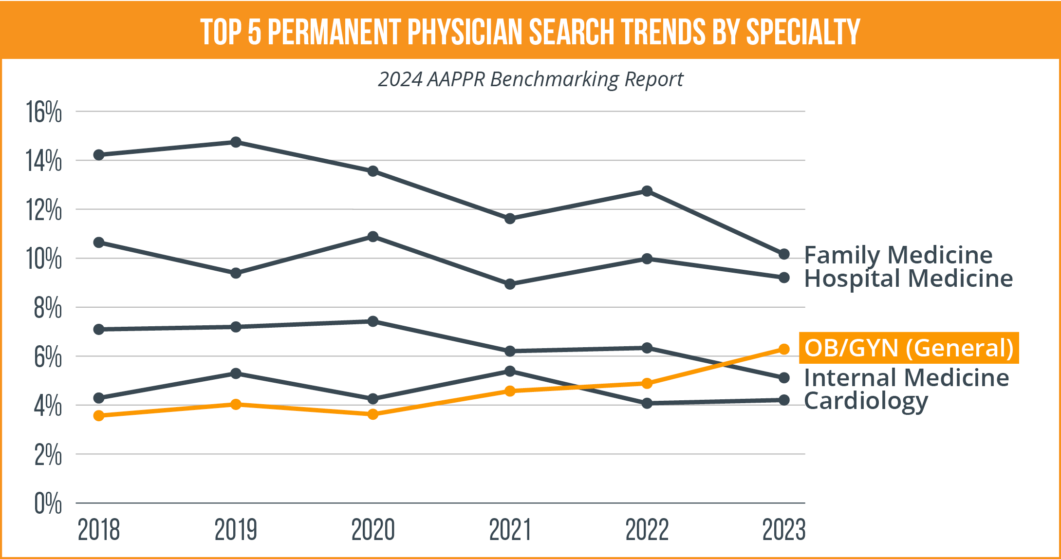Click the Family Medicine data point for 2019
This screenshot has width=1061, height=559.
(236, 142)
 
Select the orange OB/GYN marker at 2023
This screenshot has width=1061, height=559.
(784, 349)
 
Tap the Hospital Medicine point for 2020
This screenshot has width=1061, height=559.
(373, 237)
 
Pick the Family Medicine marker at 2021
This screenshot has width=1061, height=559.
(510, 219)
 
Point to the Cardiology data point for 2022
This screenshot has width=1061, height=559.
(647, 403)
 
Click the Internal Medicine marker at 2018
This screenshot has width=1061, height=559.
(99, 330)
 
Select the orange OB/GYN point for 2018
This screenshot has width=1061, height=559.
(99, 415)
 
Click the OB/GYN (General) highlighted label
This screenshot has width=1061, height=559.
(909, 348)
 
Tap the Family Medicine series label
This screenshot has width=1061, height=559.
(898, 255)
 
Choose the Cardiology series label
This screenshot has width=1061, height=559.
(866, 401)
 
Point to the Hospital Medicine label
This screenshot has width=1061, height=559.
(908, 279)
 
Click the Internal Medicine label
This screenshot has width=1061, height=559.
(906, 378)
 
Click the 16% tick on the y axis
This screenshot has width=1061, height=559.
(44, 112)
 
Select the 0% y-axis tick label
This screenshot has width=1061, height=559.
(48, 503)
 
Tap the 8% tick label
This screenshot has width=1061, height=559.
(48, 308)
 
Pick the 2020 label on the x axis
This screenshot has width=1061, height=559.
(373, 530)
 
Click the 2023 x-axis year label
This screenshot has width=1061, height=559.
(784, 530)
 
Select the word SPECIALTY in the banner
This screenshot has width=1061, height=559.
(803, 32)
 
